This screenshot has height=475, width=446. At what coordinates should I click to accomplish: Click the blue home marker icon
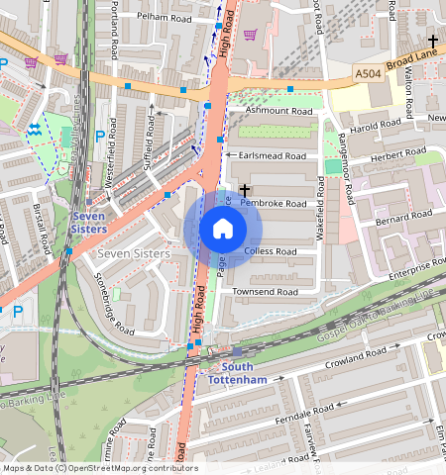tap(223, 230)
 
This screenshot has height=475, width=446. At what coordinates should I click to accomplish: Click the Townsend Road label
tap(265, 292)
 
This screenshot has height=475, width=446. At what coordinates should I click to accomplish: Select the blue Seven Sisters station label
tap(89, 222)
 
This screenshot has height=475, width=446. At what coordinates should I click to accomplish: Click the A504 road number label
tap(368, 73)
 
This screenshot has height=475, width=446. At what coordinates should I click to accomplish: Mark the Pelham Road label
tap(166, 18)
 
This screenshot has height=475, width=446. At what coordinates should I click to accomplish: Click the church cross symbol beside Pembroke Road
tap(244, 188)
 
